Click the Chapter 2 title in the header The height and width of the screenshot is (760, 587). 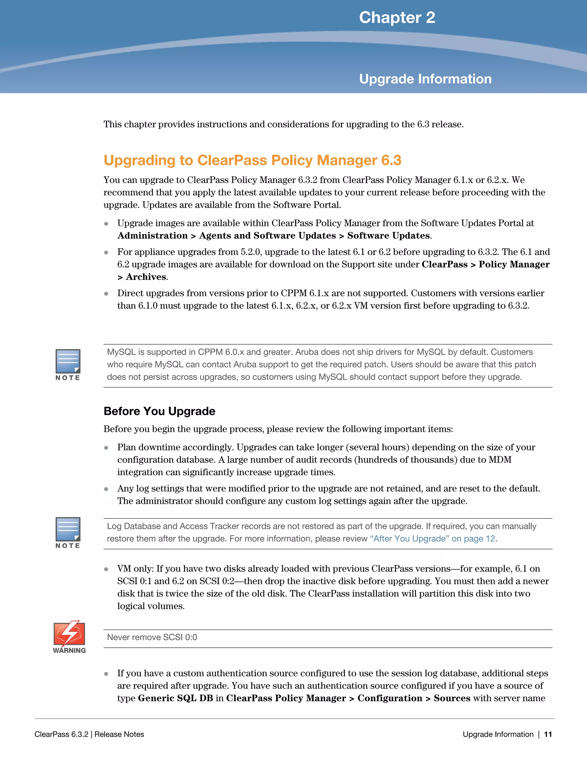click(397, 17)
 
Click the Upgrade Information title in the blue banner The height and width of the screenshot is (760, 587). click(425, 79)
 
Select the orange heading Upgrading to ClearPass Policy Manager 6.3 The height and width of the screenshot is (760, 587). click(253, 160)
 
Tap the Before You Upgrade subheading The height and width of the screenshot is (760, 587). click(159, 411)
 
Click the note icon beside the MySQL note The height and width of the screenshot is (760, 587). click(68, 362)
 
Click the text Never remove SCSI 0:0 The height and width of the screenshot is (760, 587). click(152, 637)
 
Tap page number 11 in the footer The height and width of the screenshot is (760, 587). click(548, 734)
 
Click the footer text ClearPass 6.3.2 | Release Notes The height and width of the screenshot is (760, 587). click(89, 734)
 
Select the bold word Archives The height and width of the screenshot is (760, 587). click(146, 277)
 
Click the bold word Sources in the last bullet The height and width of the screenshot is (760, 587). click(452, 698)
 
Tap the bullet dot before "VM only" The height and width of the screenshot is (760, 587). click(106, 569)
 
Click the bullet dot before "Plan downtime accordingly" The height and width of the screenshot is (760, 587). click(106, 448)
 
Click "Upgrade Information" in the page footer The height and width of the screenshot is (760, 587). click(498, 734)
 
